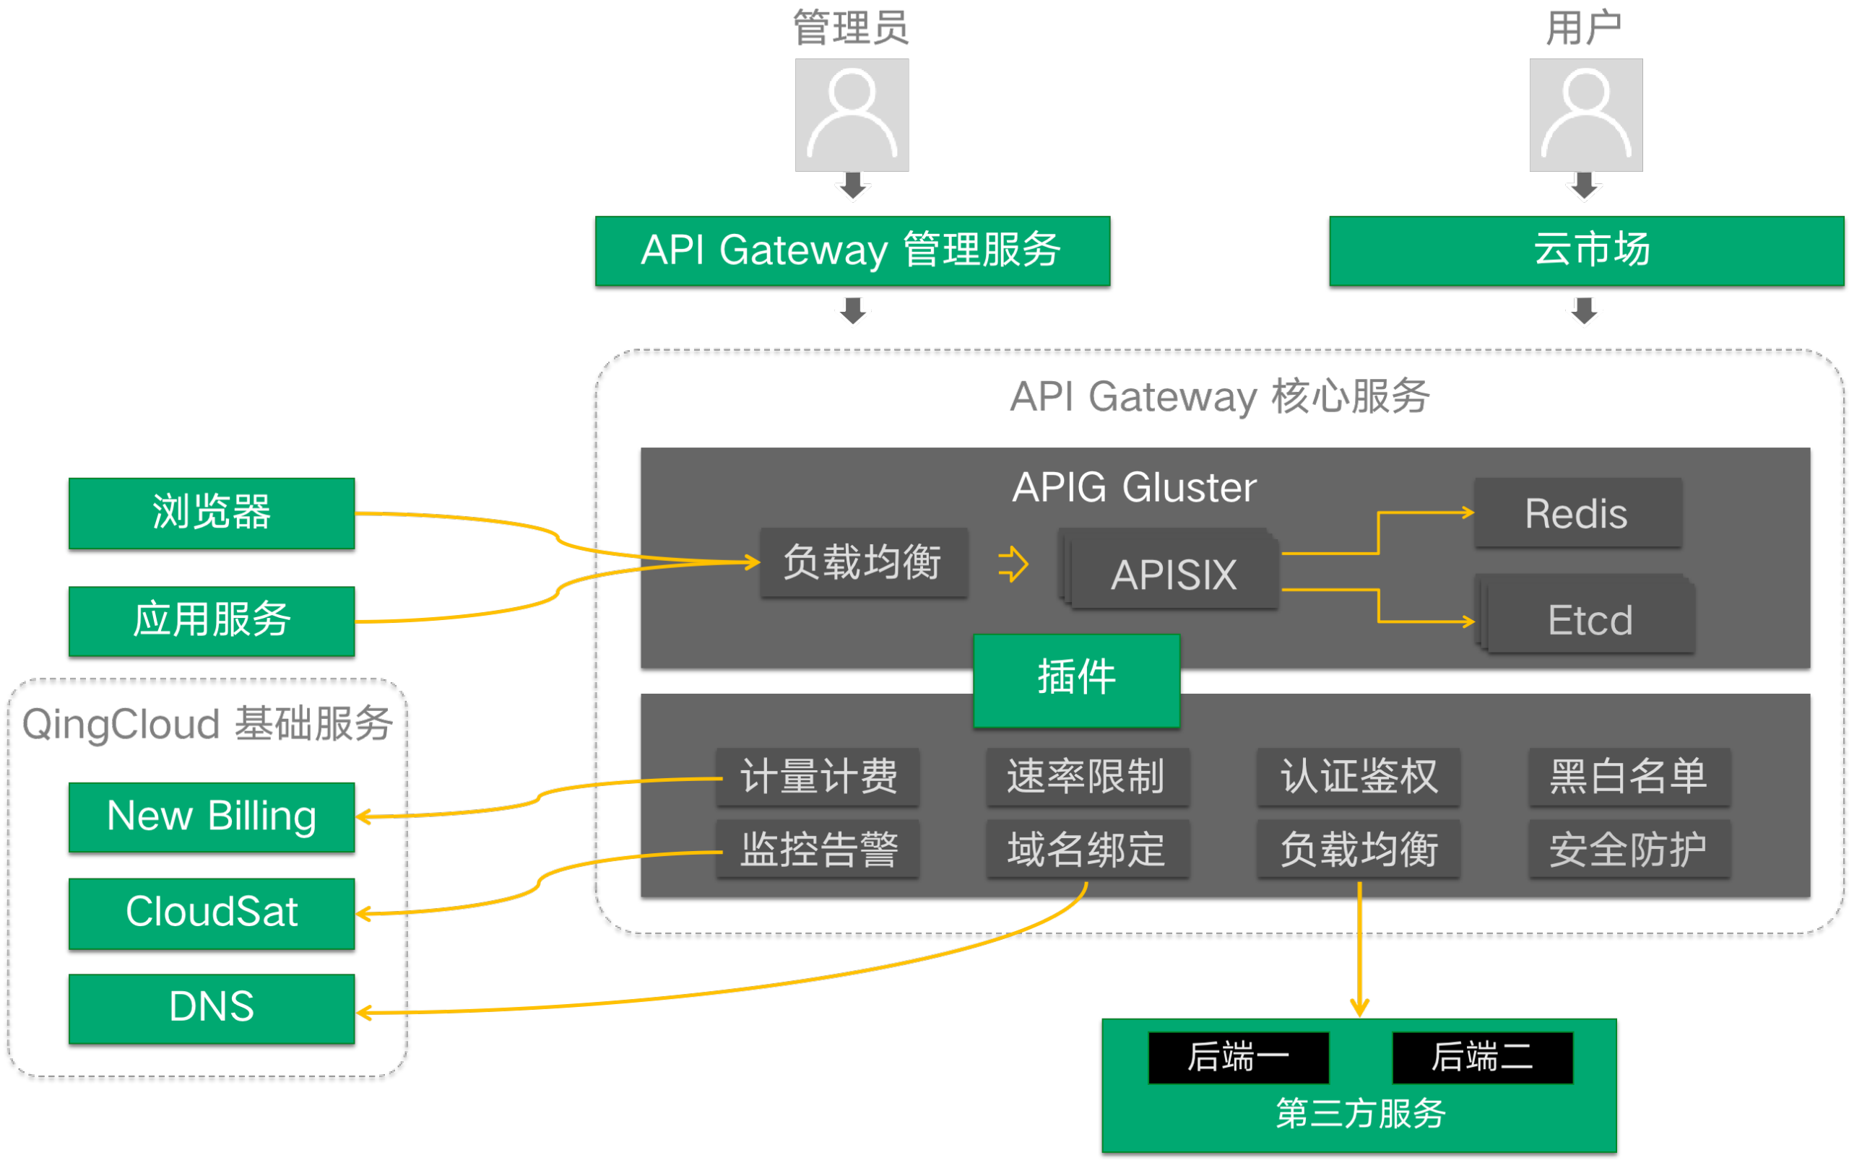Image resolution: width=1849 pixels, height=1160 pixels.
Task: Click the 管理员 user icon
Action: [852, 114]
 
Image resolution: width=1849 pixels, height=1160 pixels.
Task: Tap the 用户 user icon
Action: [1586, 114]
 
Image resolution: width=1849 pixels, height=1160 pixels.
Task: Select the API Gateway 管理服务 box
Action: [852, 251]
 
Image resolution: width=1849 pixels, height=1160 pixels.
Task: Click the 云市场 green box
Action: [1586, 251]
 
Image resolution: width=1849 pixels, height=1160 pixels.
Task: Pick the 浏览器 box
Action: [211, 513]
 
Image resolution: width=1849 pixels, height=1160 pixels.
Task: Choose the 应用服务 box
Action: [211, 621]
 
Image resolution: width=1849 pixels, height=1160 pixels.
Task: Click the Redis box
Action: [1577, 513]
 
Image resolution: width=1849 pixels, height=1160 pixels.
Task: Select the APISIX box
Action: [1174, 574]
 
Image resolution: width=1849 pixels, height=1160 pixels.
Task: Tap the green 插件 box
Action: [1076, 680]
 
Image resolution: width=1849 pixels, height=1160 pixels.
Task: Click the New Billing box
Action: [211, 816]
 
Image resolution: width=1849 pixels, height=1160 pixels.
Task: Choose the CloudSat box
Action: [211, 913]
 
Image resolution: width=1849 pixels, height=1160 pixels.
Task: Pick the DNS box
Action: [211, 1008]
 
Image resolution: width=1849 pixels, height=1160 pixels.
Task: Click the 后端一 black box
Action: [1238, 1057]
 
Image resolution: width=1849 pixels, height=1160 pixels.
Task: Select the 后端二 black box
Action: [1482, 1057]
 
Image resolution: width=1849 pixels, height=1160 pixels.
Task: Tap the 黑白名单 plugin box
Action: [1629, 777]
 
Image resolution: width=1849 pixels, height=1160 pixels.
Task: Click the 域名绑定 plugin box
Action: [1087, 848]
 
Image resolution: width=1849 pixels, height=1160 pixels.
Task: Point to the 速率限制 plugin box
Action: [1087, 777]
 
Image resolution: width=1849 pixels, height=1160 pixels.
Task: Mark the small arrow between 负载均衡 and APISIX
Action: [1013, 564]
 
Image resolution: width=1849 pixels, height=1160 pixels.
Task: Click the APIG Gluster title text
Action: [1135, 488]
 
